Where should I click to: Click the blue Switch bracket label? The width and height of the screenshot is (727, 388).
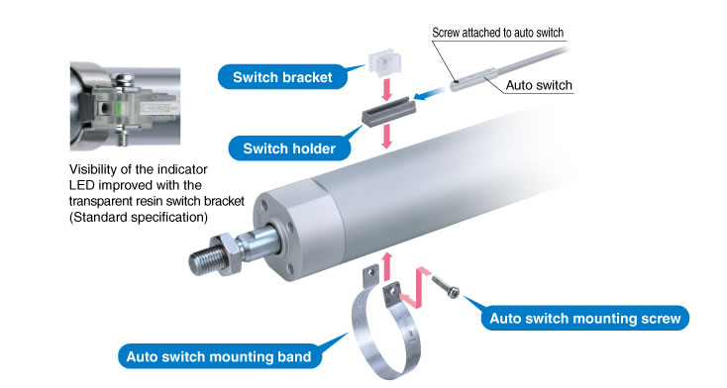pos(283,77)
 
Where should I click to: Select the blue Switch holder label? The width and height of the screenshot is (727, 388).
pos(289,148)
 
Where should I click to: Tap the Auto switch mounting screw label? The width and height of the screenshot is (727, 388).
pos(585,319)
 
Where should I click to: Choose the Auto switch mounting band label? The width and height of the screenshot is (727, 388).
pos(219,356)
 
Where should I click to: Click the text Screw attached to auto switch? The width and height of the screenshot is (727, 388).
pos(497,33)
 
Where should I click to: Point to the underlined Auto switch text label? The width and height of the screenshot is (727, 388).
pos(539,85)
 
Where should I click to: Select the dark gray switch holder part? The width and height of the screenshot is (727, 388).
pos(388,112)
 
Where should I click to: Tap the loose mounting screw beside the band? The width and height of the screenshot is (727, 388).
pos(446,286)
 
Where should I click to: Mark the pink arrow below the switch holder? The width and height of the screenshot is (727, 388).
pos(386,138)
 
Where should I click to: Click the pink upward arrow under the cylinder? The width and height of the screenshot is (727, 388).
pos(387,266)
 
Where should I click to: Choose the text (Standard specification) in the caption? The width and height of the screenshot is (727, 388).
pos(138,217)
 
